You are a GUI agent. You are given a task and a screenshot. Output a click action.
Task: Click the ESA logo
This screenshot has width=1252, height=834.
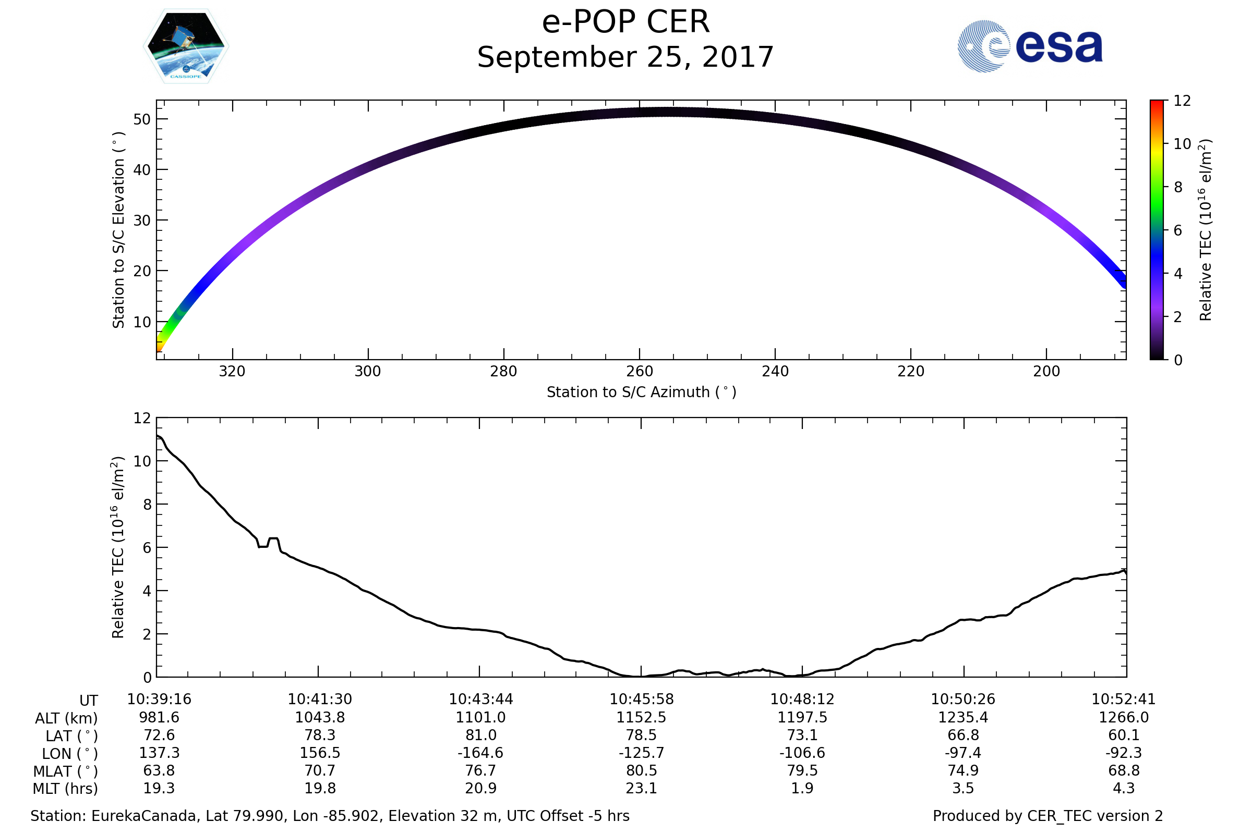[1029, 46]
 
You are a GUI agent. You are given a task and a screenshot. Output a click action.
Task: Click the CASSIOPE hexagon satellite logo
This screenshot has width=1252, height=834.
[186, 46]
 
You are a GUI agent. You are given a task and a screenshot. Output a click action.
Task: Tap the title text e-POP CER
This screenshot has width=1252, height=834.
[625, 22]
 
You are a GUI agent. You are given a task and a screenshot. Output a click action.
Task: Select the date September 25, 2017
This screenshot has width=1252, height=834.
[625, 57]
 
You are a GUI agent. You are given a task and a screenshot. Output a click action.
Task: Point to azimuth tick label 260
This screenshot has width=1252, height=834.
[640, 371]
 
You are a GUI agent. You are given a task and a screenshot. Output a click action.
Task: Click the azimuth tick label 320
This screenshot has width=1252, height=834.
[232, 371]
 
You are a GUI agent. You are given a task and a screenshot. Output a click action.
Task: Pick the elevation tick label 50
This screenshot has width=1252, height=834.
[142, 119]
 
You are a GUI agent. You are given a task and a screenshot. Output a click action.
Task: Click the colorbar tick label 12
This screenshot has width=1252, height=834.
[1182, 101]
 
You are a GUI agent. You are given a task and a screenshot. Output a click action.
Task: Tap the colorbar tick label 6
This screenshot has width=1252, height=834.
[1177, 230]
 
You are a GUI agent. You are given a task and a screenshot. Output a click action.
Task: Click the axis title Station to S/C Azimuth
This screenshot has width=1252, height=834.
[642, 393]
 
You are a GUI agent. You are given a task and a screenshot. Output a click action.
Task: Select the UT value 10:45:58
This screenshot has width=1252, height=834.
[642, 700]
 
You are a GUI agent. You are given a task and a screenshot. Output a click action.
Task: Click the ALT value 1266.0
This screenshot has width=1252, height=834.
[1124, 718]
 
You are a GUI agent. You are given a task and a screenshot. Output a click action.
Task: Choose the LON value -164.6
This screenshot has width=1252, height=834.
[480, 753]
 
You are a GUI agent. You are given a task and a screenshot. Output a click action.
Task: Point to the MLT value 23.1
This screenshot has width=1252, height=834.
[642, 788]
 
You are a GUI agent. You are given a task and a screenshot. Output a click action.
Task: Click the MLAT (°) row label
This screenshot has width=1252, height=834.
[66, 771]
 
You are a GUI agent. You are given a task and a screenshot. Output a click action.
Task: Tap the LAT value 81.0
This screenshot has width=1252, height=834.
[480, 735]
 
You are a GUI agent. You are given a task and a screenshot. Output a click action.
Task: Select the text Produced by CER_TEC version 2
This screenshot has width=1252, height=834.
[1048, 816]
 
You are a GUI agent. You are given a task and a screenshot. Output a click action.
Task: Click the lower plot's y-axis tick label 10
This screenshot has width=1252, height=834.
[142, 461]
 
